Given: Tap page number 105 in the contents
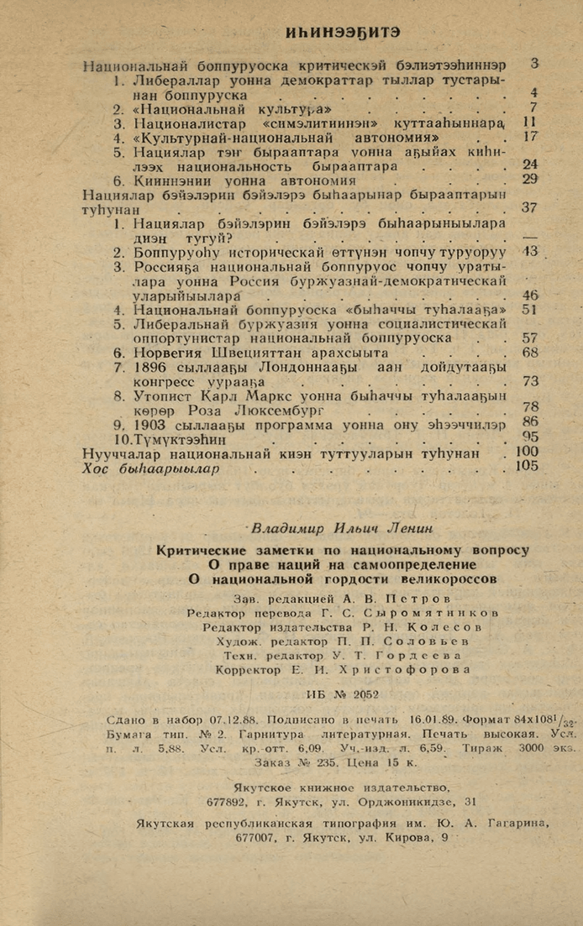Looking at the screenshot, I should (528, 467).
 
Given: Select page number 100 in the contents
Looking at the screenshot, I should (528, 453).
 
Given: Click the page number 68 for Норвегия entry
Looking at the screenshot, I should (529, 352).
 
